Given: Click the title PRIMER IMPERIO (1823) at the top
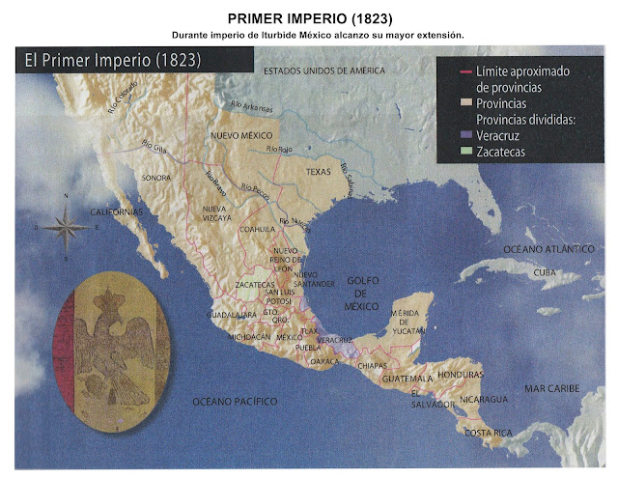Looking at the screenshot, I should pyautogui.click(x=308, y=18).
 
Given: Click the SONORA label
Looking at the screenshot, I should pyautogui.click(x=156, y=179).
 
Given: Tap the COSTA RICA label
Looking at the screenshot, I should pyautogui.click(x=489, y=433).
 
